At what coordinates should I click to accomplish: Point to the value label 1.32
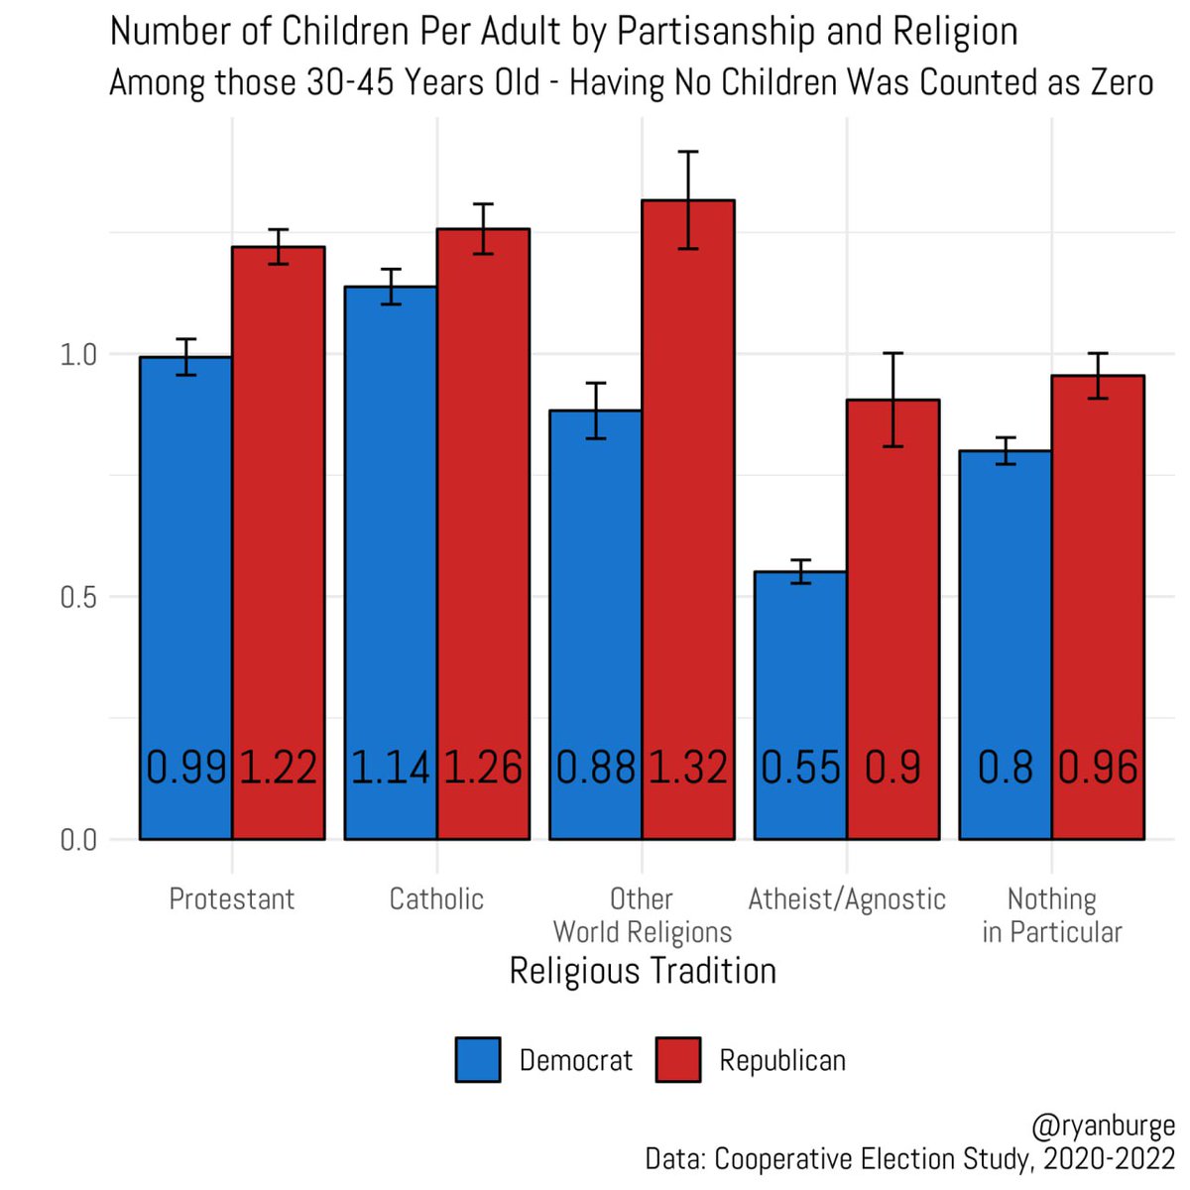pyautogui.click(x=688, y=769)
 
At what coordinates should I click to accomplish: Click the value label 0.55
pyautogui.click(x=800, y=769)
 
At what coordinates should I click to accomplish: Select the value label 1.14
pyautogui.click(x=391, y=769)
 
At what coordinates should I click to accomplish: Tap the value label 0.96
pyautogui.click(x=1098, y=769)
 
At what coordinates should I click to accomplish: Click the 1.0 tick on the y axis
pyautogui.click(x=78, y=354)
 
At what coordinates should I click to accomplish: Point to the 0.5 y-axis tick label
pyautogui.click(x=78, y=597)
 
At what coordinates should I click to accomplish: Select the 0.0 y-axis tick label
pyautogui.click(x=78, y=840)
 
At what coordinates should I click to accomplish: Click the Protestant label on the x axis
pyautogui.click(x=232, y=899)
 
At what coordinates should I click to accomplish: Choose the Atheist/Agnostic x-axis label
pyautogui.click(x=847, y=899)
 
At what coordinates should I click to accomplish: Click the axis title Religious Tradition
pyautogui.click(x=643, y=971)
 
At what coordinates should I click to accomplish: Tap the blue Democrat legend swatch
pyautogui.click(x=478, y=1059)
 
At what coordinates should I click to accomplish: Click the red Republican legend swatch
pyautogui.click(x=678, y=1059)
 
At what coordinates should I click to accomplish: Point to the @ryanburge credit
pyautogui.click(x=1103, y=1127)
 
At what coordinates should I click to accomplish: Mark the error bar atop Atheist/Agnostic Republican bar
pyautogui.click(x=893, y=400)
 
